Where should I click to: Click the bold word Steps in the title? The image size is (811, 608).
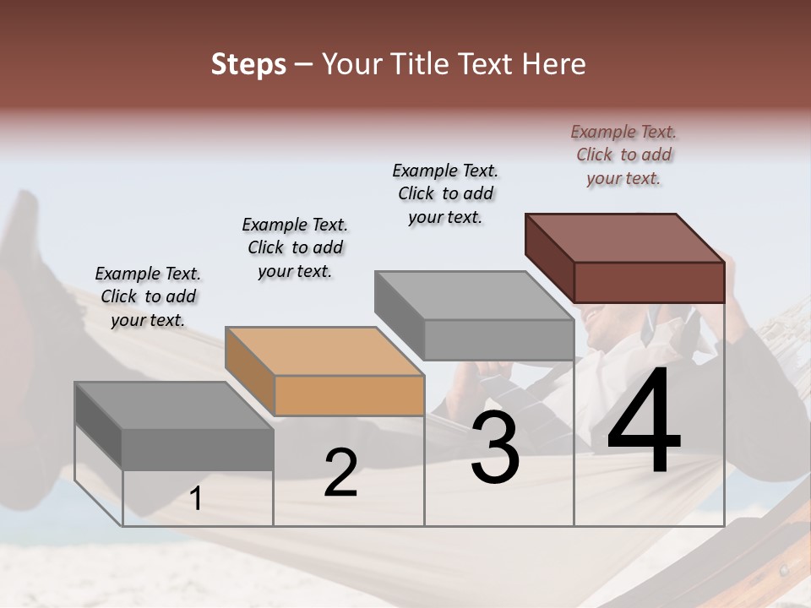[x=248, y=64]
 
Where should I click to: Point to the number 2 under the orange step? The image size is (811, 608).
[x=341, y=473]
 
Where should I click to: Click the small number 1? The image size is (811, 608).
[x=196, y=499]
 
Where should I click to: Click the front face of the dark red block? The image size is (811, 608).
[x=649, y=282]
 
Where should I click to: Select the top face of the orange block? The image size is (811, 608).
[x=324, y=350]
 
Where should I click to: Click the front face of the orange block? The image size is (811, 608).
[x=349, y=395]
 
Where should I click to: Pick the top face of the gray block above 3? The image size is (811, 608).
[x=474, y=295]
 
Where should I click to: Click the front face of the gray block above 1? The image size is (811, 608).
[x=198, y=448]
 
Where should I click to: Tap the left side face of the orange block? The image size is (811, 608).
[x=250, y=371]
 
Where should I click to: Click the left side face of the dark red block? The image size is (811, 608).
[x=549, y=258]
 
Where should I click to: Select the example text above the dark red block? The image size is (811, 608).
[x=623, y=155]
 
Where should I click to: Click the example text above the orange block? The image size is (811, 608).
[x=295, y=247]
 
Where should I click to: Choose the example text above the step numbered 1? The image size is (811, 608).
[x=148, y=296]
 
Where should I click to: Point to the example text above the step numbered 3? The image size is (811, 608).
[x=445, y=193]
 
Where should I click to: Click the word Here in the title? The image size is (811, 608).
[x=554, y=64]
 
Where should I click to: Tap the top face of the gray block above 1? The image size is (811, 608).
[x=174, y=404]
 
